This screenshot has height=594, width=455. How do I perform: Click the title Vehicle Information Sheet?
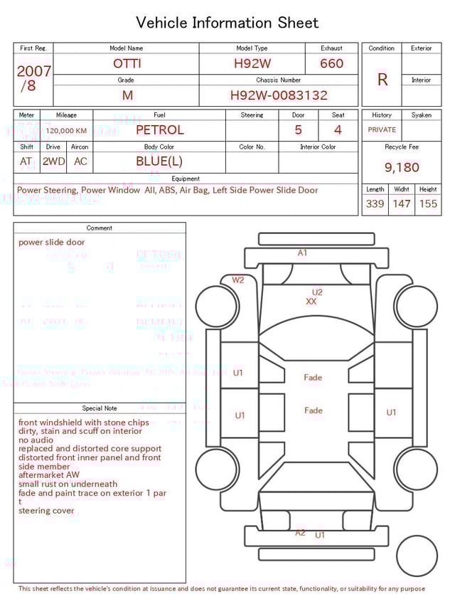click(227, 23)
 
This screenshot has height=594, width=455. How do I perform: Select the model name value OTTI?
click(127, 63)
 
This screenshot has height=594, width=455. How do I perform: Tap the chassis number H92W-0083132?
click(279, 95)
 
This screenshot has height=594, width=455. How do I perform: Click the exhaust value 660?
click(331, 63)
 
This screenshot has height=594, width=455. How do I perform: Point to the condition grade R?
click(382, 80)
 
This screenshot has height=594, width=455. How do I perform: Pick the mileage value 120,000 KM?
click(66, 131)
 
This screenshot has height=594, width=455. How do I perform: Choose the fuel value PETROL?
click(159, 130)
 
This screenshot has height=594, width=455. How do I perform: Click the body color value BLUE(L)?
click(159, 161)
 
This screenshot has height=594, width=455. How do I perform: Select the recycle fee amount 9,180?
click(402, 168)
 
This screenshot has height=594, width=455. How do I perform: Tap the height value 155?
click(428, 203)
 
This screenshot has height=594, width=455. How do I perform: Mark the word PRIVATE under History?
click(382, 130)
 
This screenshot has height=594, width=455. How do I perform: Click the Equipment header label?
click(186, 179)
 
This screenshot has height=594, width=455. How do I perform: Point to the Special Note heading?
click(100, 408)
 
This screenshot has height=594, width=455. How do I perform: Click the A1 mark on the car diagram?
click(302, 253)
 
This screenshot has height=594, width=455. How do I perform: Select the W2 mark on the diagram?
click(237, 280)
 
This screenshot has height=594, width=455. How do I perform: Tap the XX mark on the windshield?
click(311, 302)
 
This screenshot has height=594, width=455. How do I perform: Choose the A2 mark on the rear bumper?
click(300, 533)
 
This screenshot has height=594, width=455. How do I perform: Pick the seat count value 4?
click(338, 130)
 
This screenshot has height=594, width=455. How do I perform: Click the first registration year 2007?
click(33, 71)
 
